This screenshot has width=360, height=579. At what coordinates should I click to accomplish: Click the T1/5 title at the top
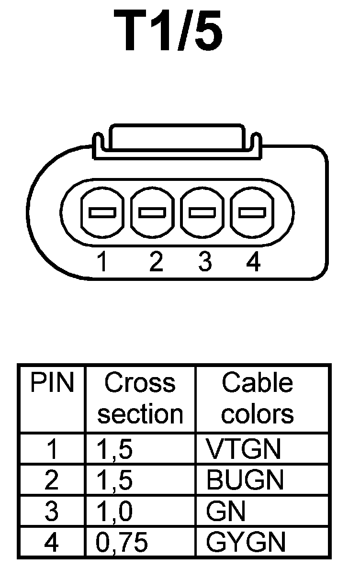pyautogui.click(x=169, y=31)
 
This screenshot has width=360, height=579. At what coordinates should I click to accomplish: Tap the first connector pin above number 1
pyautogui.click(x=102, y=212)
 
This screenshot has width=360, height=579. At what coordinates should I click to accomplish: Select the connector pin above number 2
pyautogui.click(x=152, y=212)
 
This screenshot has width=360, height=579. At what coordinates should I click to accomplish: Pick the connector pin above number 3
pyautogui.click(x=203, y=212)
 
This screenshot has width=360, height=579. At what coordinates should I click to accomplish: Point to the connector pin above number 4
pyautogui.click(x=252, y=212)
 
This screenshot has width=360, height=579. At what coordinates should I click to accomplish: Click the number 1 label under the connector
pyautogui.click(x=101, y=262)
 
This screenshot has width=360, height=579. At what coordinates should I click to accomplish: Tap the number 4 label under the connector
pyautogui.click(x=253, y=262)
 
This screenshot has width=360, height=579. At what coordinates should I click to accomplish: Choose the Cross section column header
pyautogui.click(x=140, y=399)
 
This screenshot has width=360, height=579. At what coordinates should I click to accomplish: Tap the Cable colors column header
pyautogui.click(x=257, y=399)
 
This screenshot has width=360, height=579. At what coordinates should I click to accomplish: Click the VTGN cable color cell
pyautogui.click(x=243, y=449)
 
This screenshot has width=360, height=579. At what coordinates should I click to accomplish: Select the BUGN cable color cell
pyautogui.click(x=245, y=480)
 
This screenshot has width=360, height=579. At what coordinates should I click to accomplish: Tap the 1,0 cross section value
pyautogui.click(x=115, y=512)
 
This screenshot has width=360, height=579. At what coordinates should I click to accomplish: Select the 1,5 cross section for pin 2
pyautogui.click(x=115, y=480)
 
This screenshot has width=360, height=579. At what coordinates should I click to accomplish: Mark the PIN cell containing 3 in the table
pyautogui.click(x=52, y=512)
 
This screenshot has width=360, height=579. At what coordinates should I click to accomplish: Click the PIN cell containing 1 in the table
pyautogui.click(x=52, y=449)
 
